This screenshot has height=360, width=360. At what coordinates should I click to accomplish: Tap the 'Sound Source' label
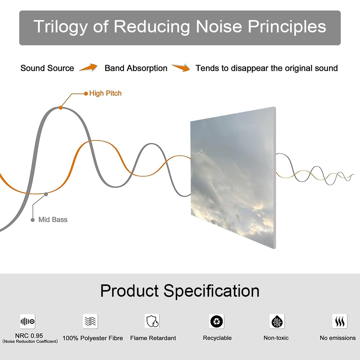tap(47, 68)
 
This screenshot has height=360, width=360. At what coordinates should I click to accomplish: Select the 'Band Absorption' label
tap(136, 68)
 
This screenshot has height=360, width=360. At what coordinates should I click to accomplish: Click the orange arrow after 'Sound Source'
tap(88, 67)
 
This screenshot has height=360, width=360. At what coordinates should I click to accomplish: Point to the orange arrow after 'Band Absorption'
tap(181, 67)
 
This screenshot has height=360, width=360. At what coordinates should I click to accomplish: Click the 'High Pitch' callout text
tap(105, 93)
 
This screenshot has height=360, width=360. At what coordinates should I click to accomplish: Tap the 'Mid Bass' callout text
tap(53, 220)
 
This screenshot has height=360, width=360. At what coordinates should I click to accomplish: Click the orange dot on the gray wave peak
tap(61, 108)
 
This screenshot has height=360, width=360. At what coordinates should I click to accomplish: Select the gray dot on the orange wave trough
tap(46, 194)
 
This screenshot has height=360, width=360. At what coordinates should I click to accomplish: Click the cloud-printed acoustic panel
tap(233, 178)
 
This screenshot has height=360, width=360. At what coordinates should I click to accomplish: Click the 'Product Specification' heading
tap(180, 291)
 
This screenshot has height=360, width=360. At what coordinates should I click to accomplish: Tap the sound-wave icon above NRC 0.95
tap(28, 321)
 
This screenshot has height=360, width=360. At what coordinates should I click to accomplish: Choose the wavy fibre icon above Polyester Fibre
tap(90, 321)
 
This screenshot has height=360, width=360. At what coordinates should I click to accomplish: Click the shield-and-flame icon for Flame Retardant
tap(152, 321)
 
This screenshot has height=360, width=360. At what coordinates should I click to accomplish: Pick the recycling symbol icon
tap(217, 321)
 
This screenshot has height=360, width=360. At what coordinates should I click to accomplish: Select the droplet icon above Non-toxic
tap(277, 321)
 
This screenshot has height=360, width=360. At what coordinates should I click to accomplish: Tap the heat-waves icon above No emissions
tap(340, 321)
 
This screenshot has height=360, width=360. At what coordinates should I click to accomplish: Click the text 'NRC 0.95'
tap(29, 336)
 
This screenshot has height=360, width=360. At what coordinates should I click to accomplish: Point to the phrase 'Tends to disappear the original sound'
tap(267, 68)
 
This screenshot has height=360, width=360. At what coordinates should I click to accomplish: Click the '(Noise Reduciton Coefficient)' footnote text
tap(30, 341)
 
